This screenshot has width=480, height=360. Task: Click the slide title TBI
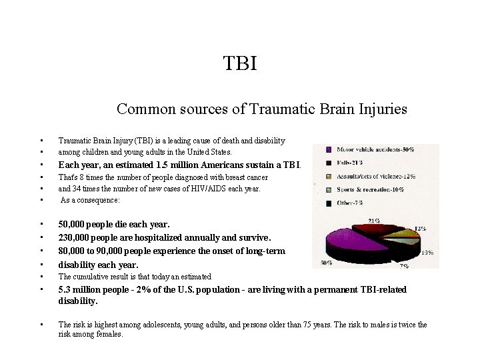click(239, 64)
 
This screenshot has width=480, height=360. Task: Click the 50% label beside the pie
click(327, 263)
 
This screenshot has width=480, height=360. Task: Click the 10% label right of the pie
click(427, 253)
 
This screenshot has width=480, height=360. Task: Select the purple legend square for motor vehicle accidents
click(329, 150)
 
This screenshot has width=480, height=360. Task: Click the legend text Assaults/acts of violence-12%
click(377, 176)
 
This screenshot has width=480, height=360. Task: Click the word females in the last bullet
click(109, 335)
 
